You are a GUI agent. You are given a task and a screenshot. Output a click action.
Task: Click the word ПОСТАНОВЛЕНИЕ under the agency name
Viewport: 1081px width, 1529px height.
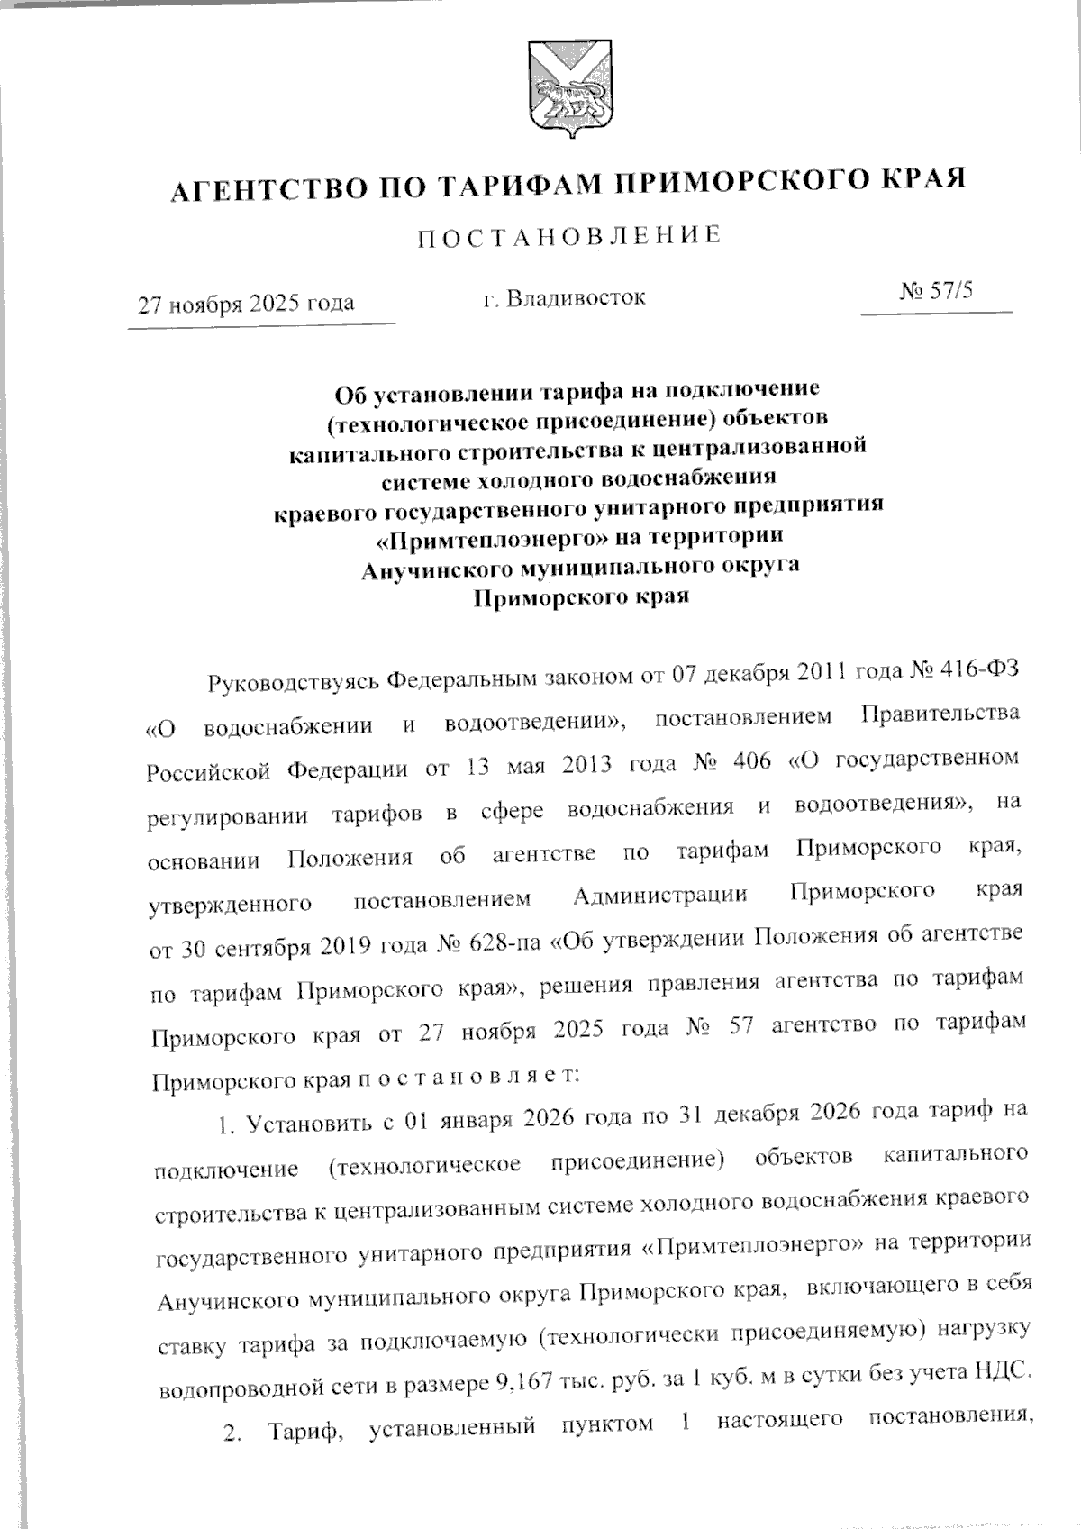pyautogui.click(x=569, y=237)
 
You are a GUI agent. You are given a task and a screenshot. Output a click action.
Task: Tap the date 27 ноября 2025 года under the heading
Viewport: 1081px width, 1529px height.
pyautogui.click(x=245, y=302)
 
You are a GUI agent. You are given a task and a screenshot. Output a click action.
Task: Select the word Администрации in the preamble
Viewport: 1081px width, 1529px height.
pyautogui.click(x=659, y=896)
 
